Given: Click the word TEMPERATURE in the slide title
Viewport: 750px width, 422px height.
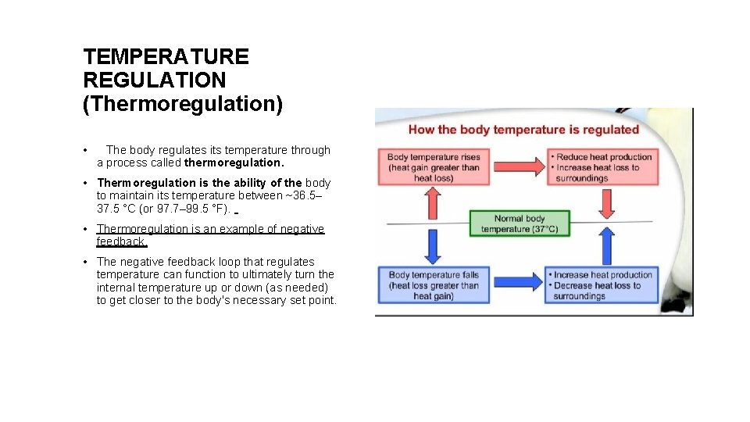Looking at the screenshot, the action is [x=166, y=57].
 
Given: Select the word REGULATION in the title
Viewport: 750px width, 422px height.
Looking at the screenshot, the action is [x=154, y=80].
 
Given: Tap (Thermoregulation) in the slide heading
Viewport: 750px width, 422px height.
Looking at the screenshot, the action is [x=183, y=104].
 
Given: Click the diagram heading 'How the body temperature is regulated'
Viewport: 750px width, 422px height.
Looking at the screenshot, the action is [x=523, y=130].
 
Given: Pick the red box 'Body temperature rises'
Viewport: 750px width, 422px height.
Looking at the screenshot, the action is [x=434, y=167].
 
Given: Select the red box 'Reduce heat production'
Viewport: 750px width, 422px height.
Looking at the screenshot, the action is [x=602, y=167].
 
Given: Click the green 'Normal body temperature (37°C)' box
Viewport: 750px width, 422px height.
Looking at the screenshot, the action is [x=520, y=224].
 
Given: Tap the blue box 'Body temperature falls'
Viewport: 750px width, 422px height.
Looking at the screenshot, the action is [x=434, y=285].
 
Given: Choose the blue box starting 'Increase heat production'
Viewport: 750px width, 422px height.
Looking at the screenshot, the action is [x=602, y=285].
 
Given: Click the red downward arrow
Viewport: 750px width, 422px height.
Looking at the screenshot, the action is [x=606, y=203].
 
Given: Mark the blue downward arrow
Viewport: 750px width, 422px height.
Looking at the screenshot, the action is [x=432, y=245].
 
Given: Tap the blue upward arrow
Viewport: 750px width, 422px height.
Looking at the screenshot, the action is [x=606, y=245].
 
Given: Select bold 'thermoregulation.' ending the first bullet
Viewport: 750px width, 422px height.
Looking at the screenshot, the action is [x=234, y=163].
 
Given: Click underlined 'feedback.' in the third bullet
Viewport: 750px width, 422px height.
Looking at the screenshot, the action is [x=121, y=241].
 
